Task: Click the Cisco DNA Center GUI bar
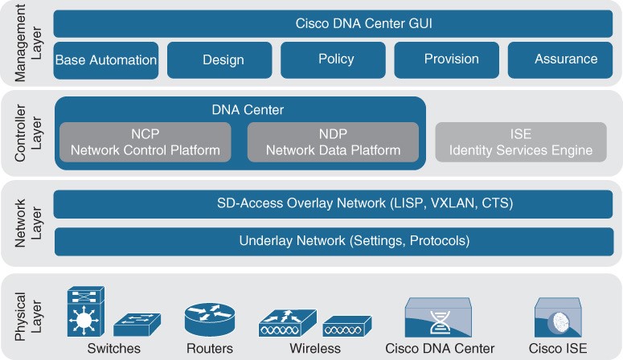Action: [333, 23]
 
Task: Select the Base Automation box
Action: [105, 60]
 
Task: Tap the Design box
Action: [219, 60]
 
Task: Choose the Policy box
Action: [333, 60]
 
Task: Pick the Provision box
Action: [447, 60]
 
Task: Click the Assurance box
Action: [560, 60]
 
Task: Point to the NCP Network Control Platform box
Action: [146, 142]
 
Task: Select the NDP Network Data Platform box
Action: [333, 142]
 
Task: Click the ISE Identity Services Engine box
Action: [521, 142]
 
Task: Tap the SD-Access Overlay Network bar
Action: [333, 204]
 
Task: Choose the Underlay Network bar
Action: [334, 242]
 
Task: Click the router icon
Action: [210, 320]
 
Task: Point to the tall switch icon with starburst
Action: [86, 312]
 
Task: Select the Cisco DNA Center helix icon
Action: [438, 317]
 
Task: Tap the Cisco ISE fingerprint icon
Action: [558, 317]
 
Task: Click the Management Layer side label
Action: [28, 43]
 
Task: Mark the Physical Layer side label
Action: [28, 317]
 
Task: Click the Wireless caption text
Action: [315, 349]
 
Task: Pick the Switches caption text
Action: [114, 349]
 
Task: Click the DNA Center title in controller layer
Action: [248, 109]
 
